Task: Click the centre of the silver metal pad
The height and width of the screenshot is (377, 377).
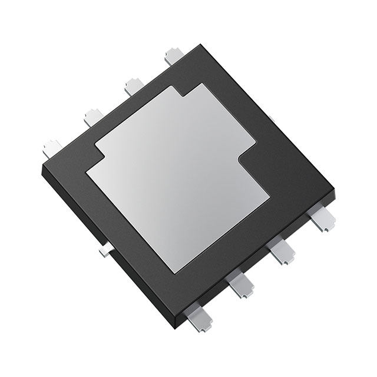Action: (177, 177)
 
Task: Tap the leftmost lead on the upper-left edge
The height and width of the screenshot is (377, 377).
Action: (52, 145)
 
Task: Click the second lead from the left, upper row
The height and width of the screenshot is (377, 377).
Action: (93, 116)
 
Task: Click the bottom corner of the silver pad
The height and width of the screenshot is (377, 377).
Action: (175, 273)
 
